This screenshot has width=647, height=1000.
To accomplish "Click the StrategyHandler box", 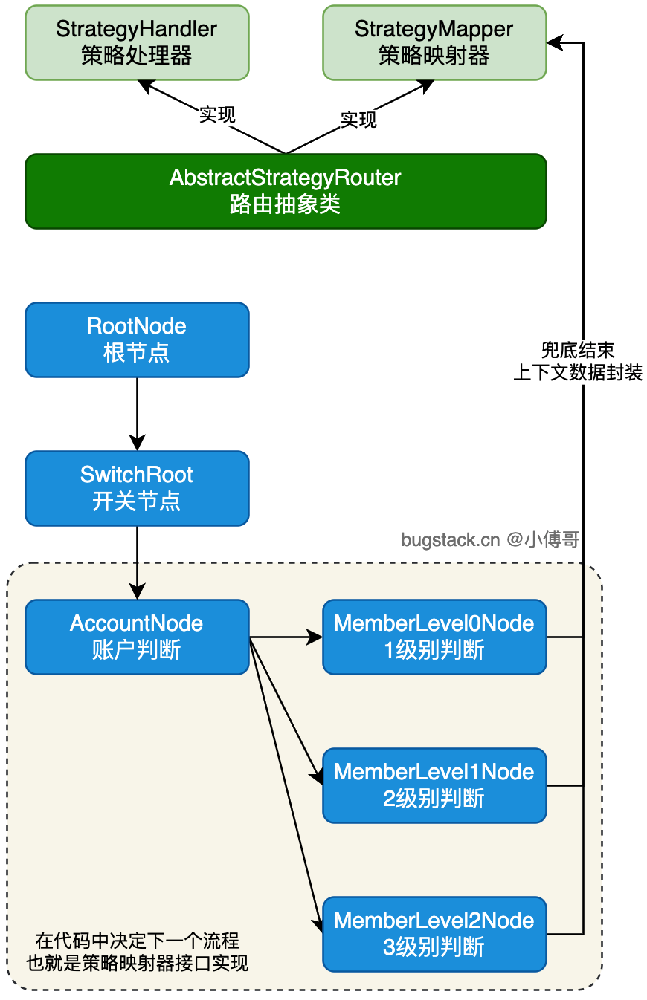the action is click(137, 43).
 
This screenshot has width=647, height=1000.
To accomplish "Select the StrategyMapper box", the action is click(434, 43).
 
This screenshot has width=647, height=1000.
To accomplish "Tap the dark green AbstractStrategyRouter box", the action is click(286, 191).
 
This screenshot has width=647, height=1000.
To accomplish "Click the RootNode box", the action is click(137, 340).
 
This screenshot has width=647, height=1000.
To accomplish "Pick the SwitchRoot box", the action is click(137, 488).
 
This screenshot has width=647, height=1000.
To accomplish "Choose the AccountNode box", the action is click(137, 637).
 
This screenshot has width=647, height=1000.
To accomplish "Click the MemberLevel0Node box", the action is click(434, 637).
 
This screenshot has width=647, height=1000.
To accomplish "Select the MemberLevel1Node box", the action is click(434, 786).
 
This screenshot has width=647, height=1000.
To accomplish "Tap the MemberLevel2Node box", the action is click(434, 935).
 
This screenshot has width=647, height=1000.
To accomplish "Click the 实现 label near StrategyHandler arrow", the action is click(217, 114).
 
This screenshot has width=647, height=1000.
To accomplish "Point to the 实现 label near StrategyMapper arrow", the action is click(358, 120).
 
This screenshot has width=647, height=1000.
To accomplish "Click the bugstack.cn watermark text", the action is click(490, 539).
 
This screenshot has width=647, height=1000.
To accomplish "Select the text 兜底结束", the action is click(578, 350).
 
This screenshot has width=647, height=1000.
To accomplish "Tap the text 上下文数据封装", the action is click(578, 372).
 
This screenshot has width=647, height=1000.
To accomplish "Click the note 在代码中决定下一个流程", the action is click(137, 941).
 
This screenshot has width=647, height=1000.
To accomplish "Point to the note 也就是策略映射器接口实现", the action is click(137, 963).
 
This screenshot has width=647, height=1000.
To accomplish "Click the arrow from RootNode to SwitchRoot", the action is click(137, 415).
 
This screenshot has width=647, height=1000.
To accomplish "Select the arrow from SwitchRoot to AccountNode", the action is click(137, 563).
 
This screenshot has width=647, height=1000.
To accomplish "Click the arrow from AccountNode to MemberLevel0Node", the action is click(286, 637).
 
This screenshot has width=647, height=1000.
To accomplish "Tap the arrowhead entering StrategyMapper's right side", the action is click(555, 43).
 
